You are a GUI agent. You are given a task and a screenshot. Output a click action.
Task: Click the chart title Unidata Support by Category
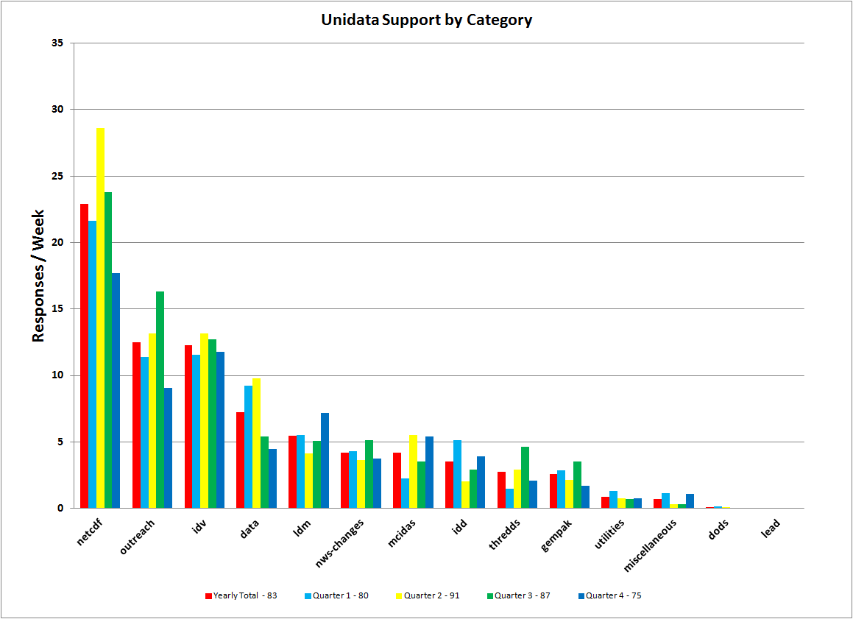click(426, 21)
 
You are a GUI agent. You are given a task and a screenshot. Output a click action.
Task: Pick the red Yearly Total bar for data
click(240, 460)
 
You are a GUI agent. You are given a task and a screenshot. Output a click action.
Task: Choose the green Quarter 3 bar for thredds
click(525, 478)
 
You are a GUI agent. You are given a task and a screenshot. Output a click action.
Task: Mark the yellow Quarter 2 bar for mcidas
click(413, 472)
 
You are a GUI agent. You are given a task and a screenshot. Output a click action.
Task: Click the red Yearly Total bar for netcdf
click(84, 356)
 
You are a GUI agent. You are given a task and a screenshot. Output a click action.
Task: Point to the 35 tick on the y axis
click(57, 43)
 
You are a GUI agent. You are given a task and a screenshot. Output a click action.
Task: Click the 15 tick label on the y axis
click(57, 309)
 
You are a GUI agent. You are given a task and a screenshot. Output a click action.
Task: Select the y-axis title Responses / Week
click(39, 276)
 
